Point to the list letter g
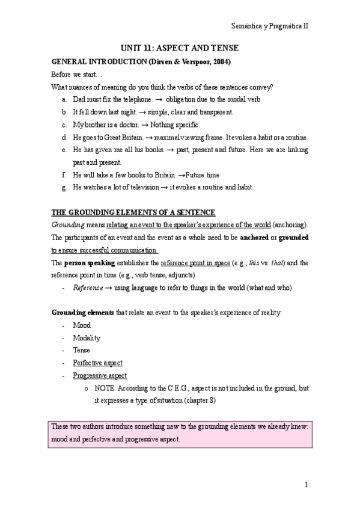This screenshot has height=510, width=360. tap(64, 188)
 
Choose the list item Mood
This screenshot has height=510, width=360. tap(82, 325)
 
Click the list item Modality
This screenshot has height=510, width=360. tap(87, 338)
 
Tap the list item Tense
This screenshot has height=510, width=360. tap(82, 351)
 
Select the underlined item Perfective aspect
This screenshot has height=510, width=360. tap(97, 363)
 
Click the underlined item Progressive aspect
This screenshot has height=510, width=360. tap(100, 376)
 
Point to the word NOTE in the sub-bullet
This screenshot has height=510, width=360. tap(105, 389)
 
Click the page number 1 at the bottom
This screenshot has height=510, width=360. tap(306, 485)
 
